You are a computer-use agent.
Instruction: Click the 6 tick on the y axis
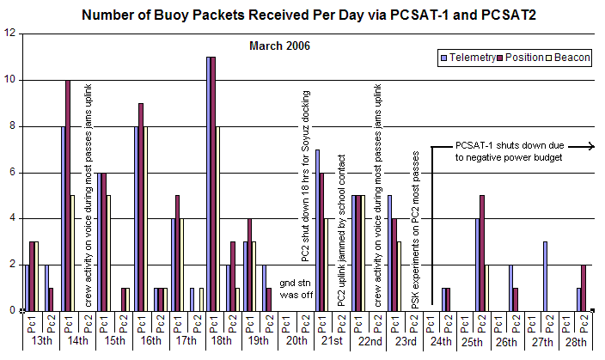[x=12, y=173]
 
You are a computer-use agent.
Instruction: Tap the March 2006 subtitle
[x=278, y=45]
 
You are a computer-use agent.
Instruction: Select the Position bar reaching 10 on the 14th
[x=68, y=195]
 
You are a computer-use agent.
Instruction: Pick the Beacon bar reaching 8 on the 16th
[x=146, y=218]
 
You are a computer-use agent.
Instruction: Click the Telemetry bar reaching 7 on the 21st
[x=317, y=229]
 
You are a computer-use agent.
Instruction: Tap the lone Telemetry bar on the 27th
[x=544, y=276]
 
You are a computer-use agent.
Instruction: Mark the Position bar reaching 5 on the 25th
[x=482, y=253]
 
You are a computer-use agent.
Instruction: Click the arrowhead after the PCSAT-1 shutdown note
[x=592, y=147]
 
